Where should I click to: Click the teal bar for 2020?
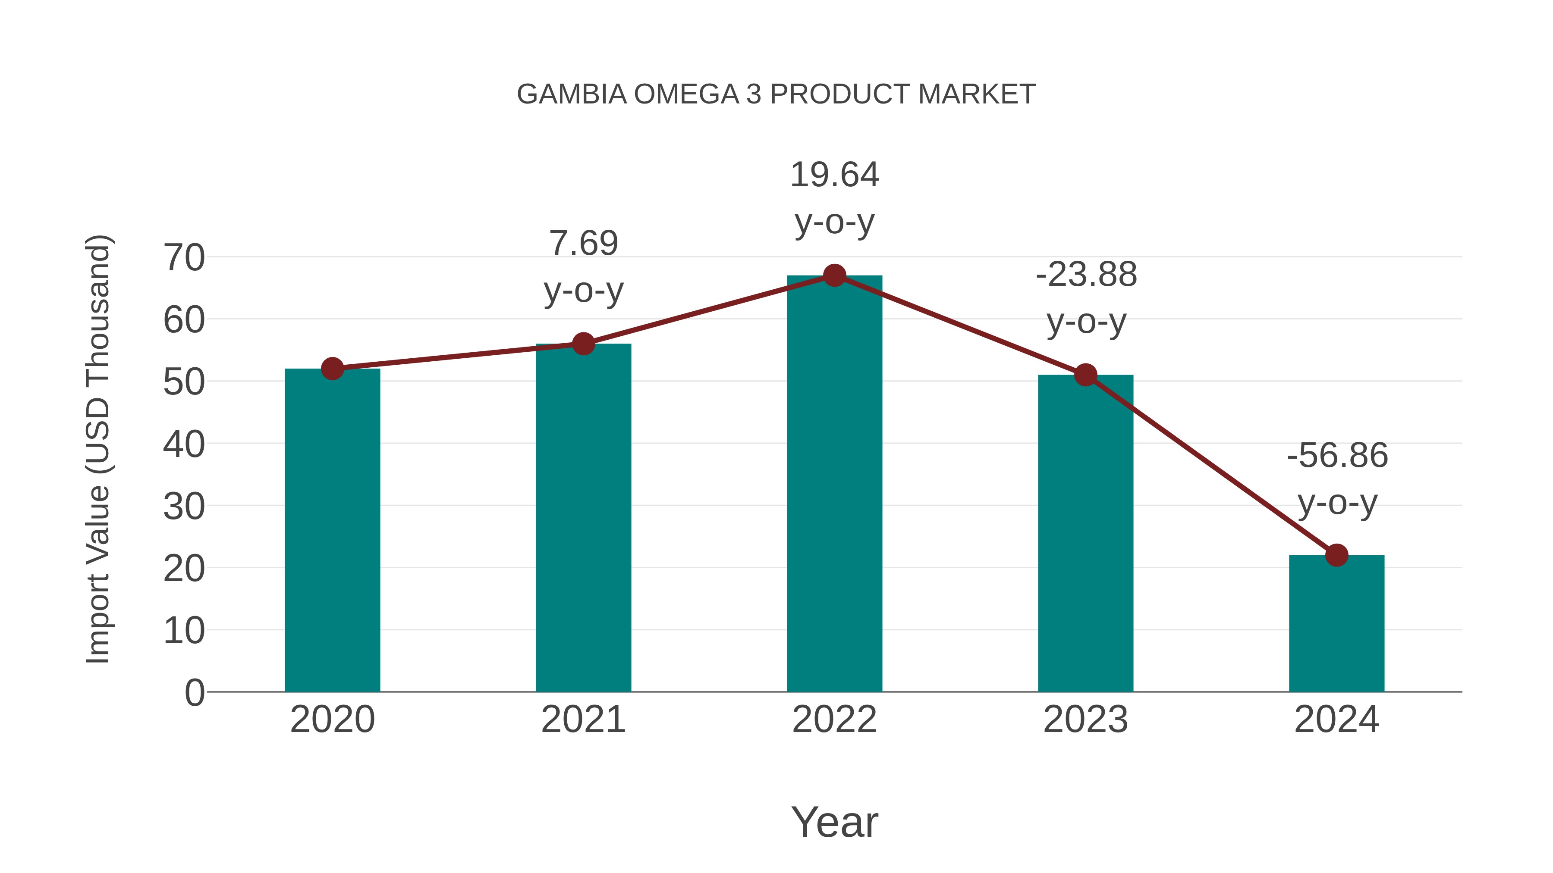point(332,530)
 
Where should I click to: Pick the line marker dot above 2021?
point(583,344)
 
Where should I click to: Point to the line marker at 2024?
point(1336,555)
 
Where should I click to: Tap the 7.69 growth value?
point(583,244)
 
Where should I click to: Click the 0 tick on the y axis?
point(194,693)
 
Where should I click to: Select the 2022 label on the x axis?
point(834,720)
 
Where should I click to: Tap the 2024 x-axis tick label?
point(1336,720)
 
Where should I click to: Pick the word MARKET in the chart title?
point(977,94)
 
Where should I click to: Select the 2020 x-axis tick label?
point(332,720)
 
